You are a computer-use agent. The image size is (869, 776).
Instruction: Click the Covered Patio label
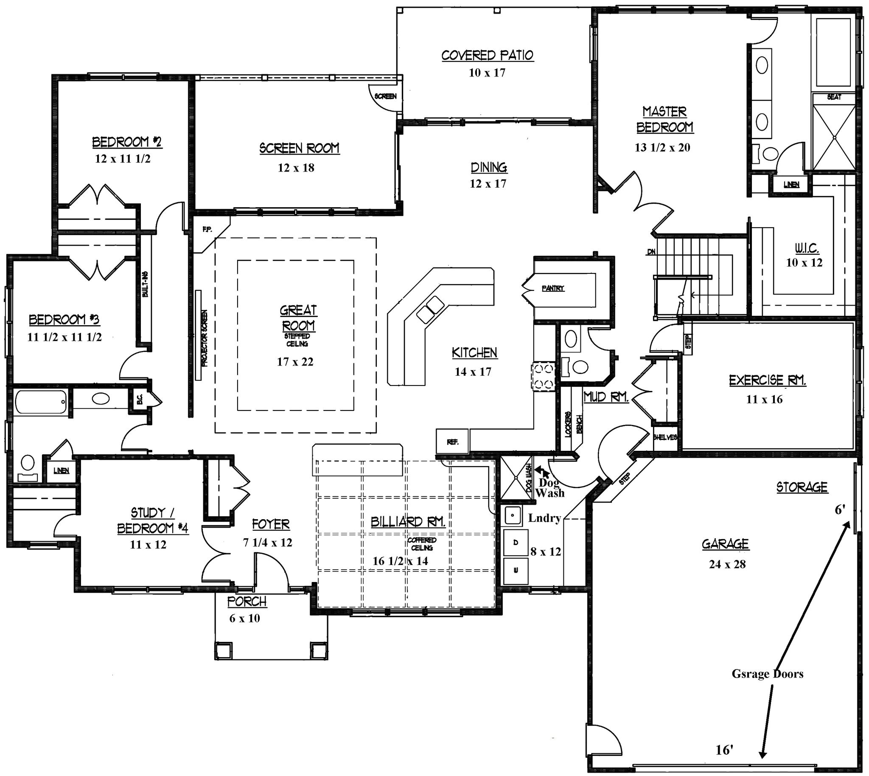[x=487, y=56]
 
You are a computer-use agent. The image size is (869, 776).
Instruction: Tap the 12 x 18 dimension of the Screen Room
[x=296, y=168]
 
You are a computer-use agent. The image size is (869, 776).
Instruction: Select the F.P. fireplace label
[x=207, y=229]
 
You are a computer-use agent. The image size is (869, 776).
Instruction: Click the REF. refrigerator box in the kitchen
[x=453, y=442]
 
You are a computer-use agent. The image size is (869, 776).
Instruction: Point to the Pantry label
[x=553, y=289]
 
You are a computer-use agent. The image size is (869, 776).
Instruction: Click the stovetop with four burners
[x=542, y=376]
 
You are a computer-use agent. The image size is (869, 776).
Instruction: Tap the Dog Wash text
[x=550, y=488]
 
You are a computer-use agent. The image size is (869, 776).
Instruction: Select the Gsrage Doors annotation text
[x=767, y=674]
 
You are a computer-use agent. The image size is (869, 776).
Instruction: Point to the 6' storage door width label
[x=840, y=509]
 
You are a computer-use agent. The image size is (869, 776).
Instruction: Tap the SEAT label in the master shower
[x=834, y=97]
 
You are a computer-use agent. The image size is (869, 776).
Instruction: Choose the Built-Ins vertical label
[x=146, y=284]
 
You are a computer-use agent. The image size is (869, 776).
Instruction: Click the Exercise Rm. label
[x=767, y=380]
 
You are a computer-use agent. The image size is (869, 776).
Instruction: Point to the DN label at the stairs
[x=651, y=252]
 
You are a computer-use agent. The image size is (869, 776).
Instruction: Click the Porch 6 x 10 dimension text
[x=244, y=618]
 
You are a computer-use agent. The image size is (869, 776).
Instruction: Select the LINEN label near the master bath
[x=791, y=185]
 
